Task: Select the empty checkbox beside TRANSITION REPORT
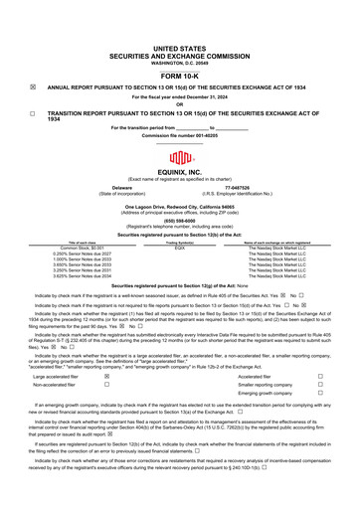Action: pyautogui.click(x=33, y=114)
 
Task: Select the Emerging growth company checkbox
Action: pyautogui.click(x=319, y=395)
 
